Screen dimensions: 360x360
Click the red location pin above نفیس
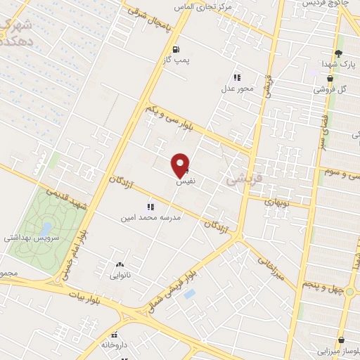point(181,165)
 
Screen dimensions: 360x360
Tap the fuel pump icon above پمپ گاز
point(175,49)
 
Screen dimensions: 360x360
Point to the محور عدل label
point(237,88)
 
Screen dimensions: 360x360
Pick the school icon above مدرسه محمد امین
point(149,207)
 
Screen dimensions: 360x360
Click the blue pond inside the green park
point(46,229)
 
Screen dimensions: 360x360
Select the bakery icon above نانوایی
point(118,265)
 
